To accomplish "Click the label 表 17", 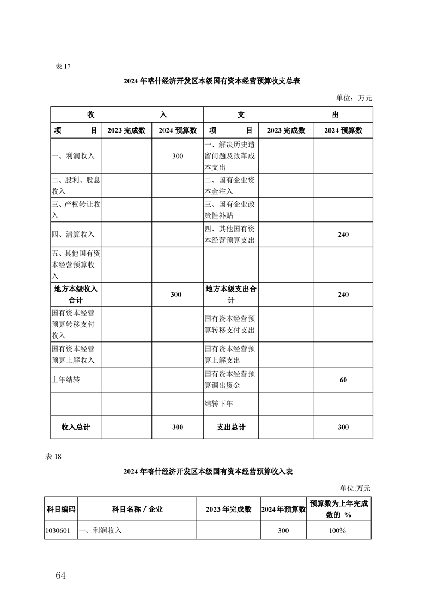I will pos(64,67).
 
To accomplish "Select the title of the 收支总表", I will pos(212,81).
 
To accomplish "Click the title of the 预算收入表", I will pos(208,471).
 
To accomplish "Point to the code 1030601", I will pos(58,530).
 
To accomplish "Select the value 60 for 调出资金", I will pos(343,380).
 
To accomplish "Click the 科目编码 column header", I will pos(61,509).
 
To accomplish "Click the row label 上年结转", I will pos(65,380).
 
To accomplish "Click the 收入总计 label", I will pos(76,427).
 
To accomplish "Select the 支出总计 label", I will pos(231,427).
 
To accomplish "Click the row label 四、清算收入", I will pos(73,234).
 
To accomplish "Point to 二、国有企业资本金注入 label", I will pos(229,185).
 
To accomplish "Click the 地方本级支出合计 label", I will pos(231,295).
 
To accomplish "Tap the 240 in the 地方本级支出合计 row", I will pos(343,295).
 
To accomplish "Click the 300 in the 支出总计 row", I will pos(343,427).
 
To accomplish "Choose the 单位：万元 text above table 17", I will pos(354,98).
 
